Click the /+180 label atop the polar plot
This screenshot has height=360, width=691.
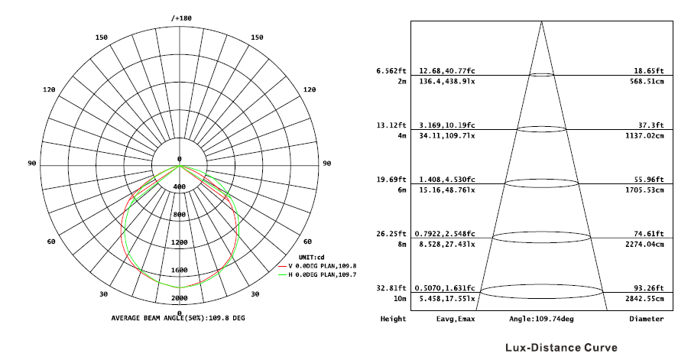point(180,18)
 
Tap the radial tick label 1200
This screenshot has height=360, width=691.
point(180,242)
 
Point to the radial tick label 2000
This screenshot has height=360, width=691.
point(180,298)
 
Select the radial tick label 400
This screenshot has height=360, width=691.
point(180,186)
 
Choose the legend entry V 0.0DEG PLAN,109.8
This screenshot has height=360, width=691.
point(322,265)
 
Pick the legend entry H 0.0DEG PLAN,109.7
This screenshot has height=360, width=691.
point(322,274)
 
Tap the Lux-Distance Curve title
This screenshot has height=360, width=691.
point(555,348)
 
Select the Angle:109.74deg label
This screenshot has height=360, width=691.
point(541,319)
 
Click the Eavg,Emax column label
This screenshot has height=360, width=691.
point(456,319)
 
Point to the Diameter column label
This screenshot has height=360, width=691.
point(646,319)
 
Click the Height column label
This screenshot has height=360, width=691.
point(393,319)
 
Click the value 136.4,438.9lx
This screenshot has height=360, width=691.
point(447,80)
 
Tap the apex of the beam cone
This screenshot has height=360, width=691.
point(542,20)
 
